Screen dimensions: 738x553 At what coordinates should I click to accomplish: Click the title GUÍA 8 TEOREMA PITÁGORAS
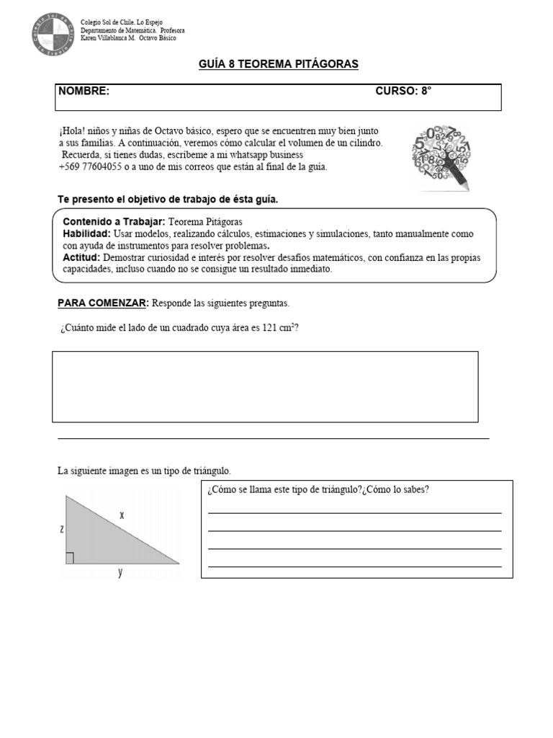pyautogui.click(x=278, y=65)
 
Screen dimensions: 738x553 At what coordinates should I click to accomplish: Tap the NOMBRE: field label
pyautogui.click(x=84, y=91)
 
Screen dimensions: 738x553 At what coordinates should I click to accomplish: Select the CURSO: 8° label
pyautogui.click(x=403, y=91)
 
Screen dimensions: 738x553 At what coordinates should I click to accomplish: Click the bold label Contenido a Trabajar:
pyautogui.click(x=114, y=221)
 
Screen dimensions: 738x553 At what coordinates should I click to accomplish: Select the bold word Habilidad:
pyautogui.click(x=86, y=234)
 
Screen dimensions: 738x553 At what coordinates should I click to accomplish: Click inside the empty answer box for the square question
pyautogui.click(x=265, y=386)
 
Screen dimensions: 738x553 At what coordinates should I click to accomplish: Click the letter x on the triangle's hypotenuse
pyautogui.click(x=122, y=515)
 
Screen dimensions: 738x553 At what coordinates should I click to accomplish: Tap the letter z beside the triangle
pyautogui.click(x=62, y=528)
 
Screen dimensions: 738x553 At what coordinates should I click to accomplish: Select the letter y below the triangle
pyautogui.click(x=120, y=573)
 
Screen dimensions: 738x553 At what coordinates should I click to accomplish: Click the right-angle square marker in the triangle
pyautogui.click(x=70, y=557)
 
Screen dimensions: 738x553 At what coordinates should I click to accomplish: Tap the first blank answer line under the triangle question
pyautogui.click(x=354, y=512)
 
